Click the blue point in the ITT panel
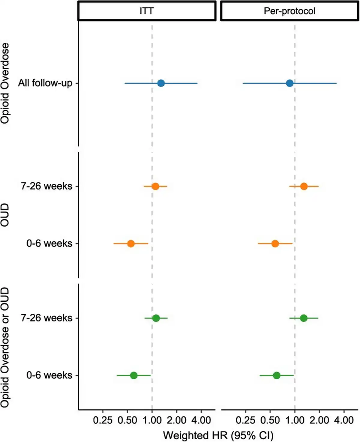pos(161,83)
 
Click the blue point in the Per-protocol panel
pos(289,83)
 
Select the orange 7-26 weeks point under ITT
pos(155,186)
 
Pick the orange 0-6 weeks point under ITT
pos(131,243)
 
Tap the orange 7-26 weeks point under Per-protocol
pos(304,186)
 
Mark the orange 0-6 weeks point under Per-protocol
pos(275,243)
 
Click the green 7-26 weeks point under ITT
pos(156,318)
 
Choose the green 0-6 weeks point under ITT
pos(134,375)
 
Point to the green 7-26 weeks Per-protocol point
pos(304,318)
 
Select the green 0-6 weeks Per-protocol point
pos(277,375)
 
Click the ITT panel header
pos(147,11)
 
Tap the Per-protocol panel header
pos(289,11)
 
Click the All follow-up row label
pos(45,83)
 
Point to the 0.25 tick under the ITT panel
pos(103,420)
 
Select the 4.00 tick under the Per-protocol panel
pos(344,420)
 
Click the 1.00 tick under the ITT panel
pos(152,420)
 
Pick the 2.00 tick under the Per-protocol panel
pos(319,420)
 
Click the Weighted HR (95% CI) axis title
pos(218,435)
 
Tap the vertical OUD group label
pos(5,215)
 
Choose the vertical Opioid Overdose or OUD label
pos(5,347)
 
